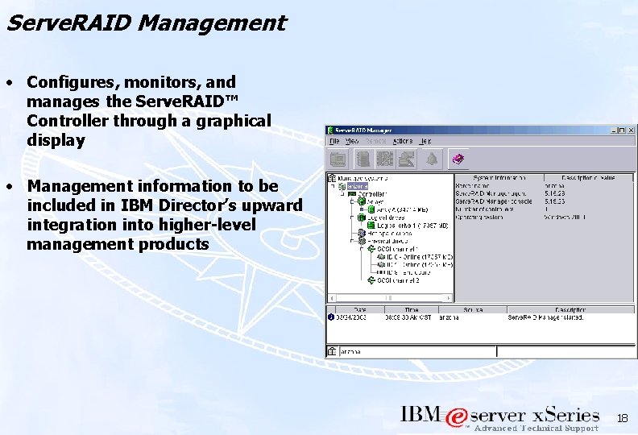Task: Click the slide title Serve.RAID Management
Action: click(145, 23)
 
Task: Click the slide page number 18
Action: click(621, 418)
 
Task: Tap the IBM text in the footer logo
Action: click(420, 415)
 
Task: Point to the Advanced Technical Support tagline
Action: click(536, 429)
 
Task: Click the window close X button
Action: click(631, 130)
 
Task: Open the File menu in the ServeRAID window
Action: click(334, 141)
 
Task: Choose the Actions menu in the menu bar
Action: click(402, 141)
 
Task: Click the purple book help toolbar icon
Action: click(458, 159)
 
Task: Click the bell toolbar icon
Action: click(432, 159)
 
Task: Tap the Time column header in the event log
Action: click(411, 309)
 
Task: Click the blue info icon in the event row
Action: click(330, 317)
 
